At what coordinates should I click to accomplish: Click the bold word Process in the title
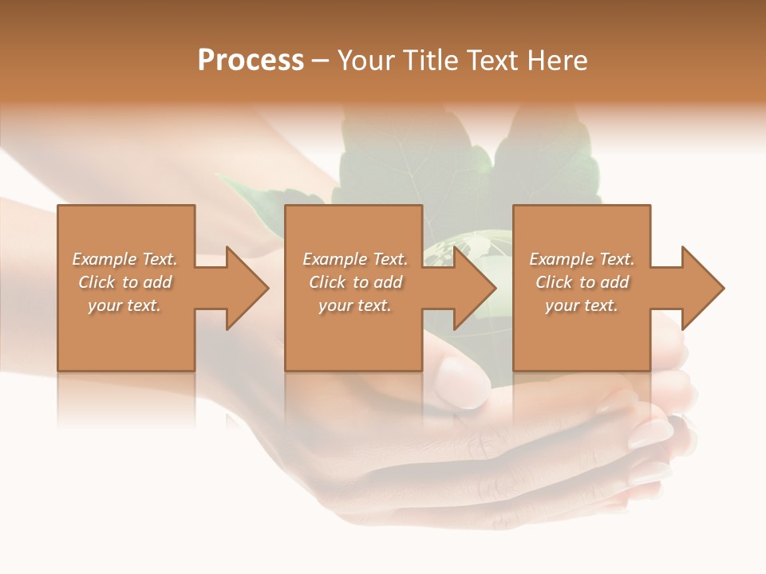pyautogui.click(x=251, y=61)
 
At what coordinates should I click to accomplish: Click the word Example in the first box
pyautogui.click(x=104, y=259)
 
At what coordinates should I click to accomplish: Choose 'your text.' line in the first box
pyautogui.click(x=124, y=305)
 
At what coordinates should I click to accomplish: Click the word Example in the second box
pyautogui.click(x=334, y=259)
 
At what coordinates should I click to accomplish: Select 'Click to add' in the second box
pyautogui.click(x=355, y=282)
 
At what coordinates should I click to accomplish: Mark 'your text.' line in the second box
pyautogui.click(x=355, y=305)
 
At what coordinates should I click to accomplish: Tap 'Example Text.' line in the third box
pyautogui.click(x=582, y=259)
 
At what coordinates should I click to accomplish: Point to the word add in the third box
pyautogui.click(x=614, y=282)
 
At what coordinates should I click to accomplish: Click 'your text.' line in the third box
pyautogui.click(x=582, y=305)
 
